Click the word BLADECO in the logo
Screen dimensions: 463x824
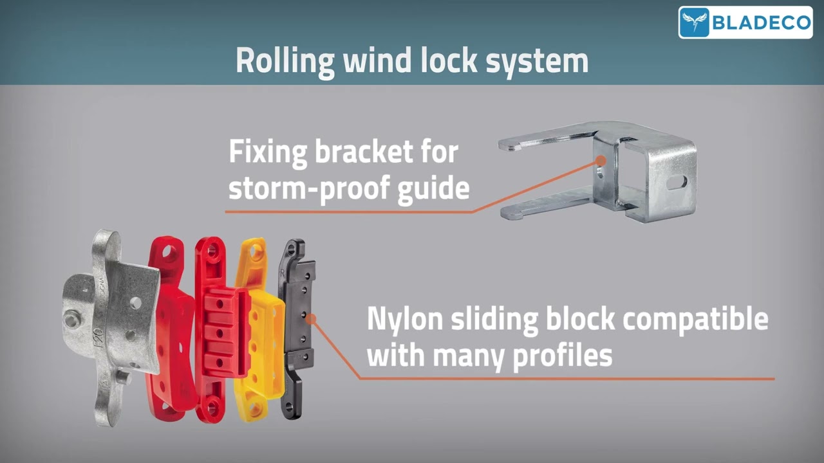[x=760, y=23]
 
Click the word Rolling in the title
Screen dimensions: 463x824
[x=285, y=61]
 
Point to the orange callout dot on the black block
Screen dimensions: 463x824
[x=311, y=318]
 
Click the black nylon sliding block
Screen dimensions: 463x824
[x=297, y=328]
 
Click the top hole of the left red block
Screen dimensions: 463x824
[x=169, y=253]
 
